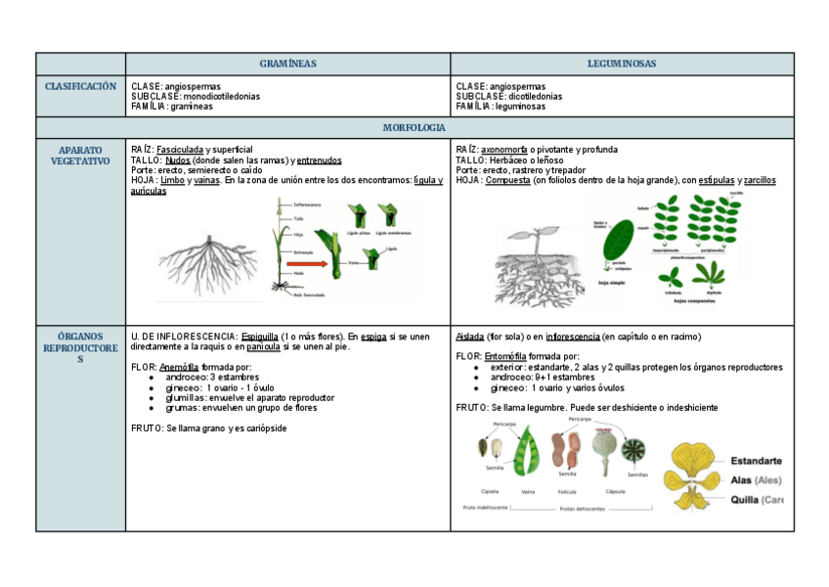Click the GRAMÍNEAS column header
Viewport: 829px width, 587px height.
287,64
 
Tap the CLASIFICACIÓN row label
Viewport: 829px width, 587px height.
80,87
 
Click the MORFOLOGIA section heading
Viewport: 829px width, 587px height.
414,128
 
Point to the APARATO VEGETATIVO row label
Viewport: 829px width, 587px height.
80,156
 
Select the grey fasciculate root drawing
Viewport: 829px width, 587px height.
207,255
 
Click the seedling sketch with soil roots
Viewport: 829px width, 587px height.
538,264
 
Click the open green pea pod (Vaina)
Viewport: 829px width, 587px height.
528,453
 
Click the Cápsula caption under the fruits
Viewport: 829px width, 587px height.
616,491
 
